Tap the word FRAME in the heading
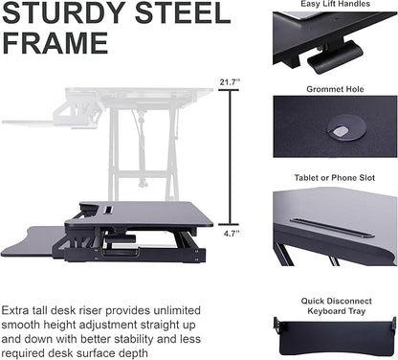click(x=55, y=44)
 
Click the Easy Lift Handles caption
click(x=335, y=5)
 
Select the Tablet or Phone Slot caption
click(x=335, y=179)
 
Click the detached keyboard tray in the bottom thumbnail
click(x=334, y=330)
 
